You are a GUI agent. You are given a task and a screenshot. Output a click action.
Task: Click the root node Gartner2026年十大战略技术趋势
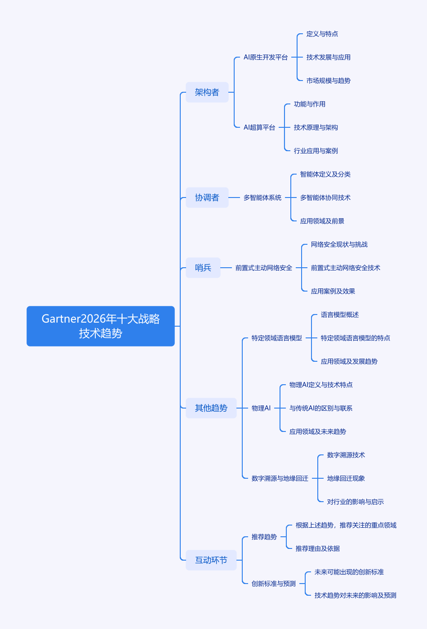(101, 326)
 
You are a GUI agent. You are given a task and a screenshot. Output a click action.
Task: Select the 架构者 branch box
(207, 92)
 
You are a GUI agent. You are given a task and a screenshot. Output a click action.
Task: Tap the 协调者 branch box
(207, 198)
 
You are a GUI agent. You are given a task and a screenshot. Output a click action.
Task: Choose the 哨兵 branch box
(203, 268)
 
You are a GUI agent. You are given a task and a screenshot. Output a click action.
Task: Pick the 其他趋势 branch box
(211, 408)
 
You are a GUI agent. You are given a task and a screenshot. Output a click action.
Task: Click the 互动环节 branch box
(211, 560)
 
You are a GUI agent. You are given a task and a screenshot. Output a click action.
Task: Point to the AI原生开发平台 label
(266, 57)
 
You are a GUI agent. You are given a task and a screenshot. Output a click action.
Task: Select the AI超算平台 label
(259, 127)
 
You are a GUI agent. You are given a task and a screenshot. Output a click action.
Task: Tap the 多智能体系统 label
(262, 198)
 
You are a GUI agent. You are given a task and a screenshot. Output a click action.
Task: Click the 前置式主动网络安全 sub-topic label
(264, 268)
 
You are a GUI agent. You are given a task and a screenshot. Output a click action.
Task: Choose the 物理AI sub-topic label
(261, 408)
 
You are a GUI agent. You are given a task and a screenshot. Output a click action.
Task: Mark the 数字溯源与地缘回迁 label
(280, 478)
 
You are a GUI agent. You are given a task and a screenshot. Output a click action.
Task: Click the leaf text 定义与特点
(322, 34)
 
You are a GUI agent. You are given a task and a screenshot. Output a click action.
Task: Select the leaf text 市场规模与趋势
(329, 81)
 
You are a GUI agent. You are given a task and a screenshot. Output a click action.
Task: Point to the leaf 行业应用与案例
(316, 151)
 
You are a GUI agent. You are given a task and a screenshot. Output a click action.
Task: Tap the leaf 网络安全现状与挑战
(339, 244)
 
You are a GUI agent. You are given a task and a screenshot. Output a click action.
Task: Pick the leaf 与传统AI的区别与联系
(321, 408)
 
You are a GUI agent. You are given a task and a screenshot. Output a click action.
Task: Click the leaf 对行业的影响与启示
(356, 502)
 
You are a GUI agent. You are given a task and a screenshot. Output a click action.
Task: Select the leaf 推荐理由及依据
(318, 548)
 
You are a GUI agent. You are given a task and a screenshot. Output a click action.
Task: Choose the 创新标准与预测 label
(274, 584)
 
